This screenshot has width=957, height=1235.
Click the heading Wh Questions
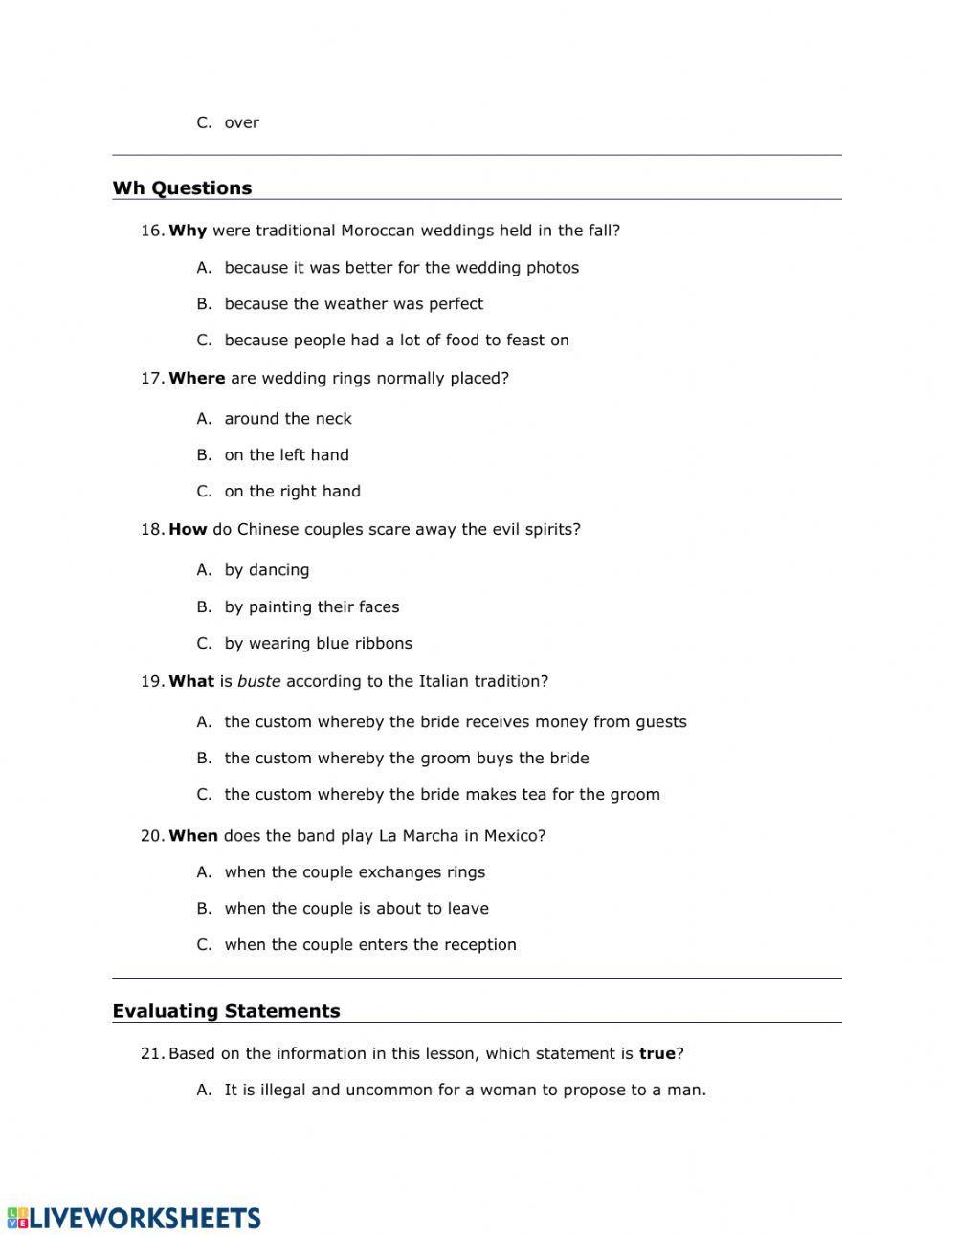[182, 187]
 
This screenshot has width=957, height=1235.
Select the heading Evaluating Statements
[226, 1010]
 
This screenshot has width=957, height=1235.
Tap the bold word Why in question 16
[188, 231]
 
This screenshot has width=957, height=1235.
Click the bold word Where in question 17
[196, 378]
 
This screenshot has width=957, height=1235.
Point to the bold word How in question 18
[188, 529]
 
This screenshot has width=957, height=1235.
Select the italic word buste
[259, 681]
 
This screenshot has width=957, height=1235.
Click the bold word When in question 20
[193, 835]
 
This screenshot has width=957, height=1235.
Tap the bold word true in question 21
[657, 1053]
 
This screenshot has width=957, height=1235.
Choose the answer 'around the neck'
[288, 418]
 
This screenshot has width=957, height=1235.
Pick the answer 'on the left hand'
[286, 454]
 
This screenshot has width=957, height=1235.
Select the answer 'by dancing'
[267, 569]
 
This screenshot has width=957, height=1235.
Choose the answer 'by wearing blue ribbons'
[318, 643]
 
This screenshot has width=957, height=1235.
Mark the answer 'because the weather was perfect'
[353, 303]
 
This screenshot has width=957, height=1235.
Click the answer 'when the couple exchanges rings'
[354, 871]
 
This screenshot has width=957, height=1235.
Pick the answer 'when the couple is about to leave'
[356, 908]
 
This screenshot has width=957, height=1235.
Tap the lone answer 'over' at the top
[241, 122]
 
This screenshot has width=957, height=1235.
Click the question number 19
[152, 681]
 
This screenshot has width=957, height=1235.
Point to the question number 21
[152, 1053]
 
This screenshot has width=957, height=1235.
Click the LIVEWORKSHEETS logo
[134, 1217]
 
